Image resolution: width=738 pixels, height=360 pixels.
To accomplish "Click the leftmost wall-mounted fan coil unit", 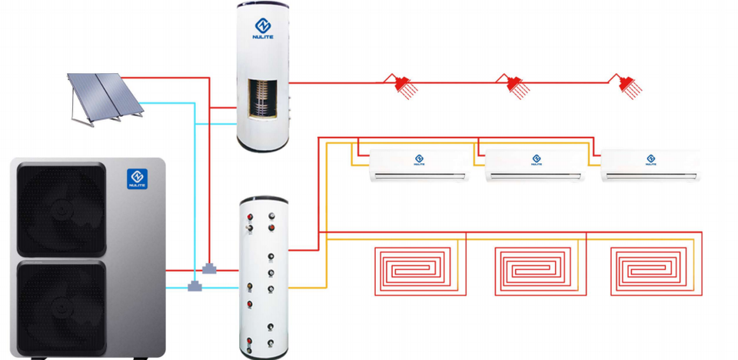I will [419, 165].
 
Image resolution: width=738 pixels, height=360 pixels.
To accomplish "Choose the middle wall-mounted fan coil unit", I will [535, 165].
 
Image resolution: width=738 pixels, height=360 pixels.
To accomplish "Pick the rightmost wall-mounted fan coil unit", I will [650, 165].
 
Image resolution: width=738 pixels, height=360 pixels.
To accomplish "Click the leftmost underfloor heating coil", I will [415, 270].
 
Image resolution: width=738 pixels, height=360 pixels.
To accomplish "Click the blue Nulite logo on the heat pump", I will [138, 180].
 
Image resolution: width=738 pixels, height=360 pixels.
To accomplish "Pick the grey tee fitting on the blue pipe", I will [194, 287].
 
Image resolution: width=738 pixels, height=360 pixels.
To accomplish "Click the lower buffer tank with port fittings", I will [263, 277].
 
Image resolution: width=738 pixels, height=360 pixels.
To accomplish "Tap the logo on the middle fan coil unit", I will [536, 160].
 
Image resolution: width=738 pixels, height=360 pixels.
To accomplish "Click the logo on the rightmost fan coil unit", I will [651, 160].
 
